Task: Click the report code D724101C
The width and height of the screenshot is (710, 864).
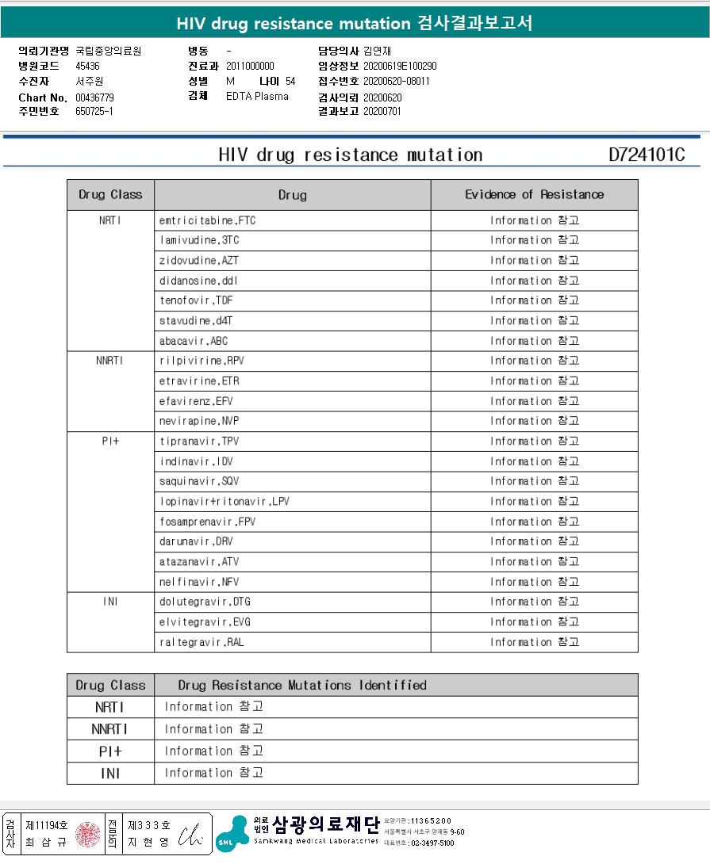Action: click(x=647, y=155)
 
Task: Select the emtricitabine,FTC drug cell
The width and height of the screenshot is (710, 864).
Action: click(x=207, y=220)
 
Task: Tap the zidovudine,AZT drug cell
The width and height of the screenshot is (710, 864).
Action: click(x=198, y=261)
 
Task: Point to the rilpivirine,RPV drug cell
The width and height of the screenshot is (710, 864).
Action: click(x=201, y=361)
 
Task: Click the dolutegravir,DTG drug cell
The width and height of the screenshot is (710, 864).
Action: click(x=205, y=602)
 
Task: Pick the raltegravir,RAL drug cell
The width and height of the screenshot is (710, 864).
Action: click(x=201, y=642)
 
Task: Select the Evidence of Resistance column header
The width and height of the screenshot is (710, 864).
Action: click(x=534, y=194)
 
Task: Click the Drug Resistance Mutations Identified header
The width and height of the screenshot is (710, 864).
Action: click(x=302, y=685)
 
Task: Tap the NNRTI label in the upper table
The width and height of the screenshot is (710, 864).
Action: click(x=110, y=361)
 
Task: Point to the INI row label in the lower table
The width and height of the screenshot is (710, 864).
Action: click(x=110, y=773)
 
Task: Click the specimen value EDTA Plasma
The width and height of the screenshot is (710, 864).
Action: click(x=257, y=97)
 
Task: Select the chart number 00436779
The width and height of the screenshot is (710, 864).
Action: click(x=95, y=97)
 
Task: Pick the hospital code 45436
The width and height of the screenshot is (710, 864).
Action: click(x=87, y=66)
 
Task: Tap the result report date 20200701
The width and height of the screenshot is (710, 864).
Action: click(x=382, y=112)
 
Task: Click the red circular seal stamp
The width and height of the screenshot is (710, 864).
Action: click(x=88, y=834)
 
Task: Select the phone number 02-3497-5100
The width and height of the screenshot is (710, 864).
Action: click(x=432, y=843)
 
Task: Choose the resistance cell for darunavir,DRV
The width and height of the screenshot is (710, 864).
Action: click(x=534, y=541)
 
